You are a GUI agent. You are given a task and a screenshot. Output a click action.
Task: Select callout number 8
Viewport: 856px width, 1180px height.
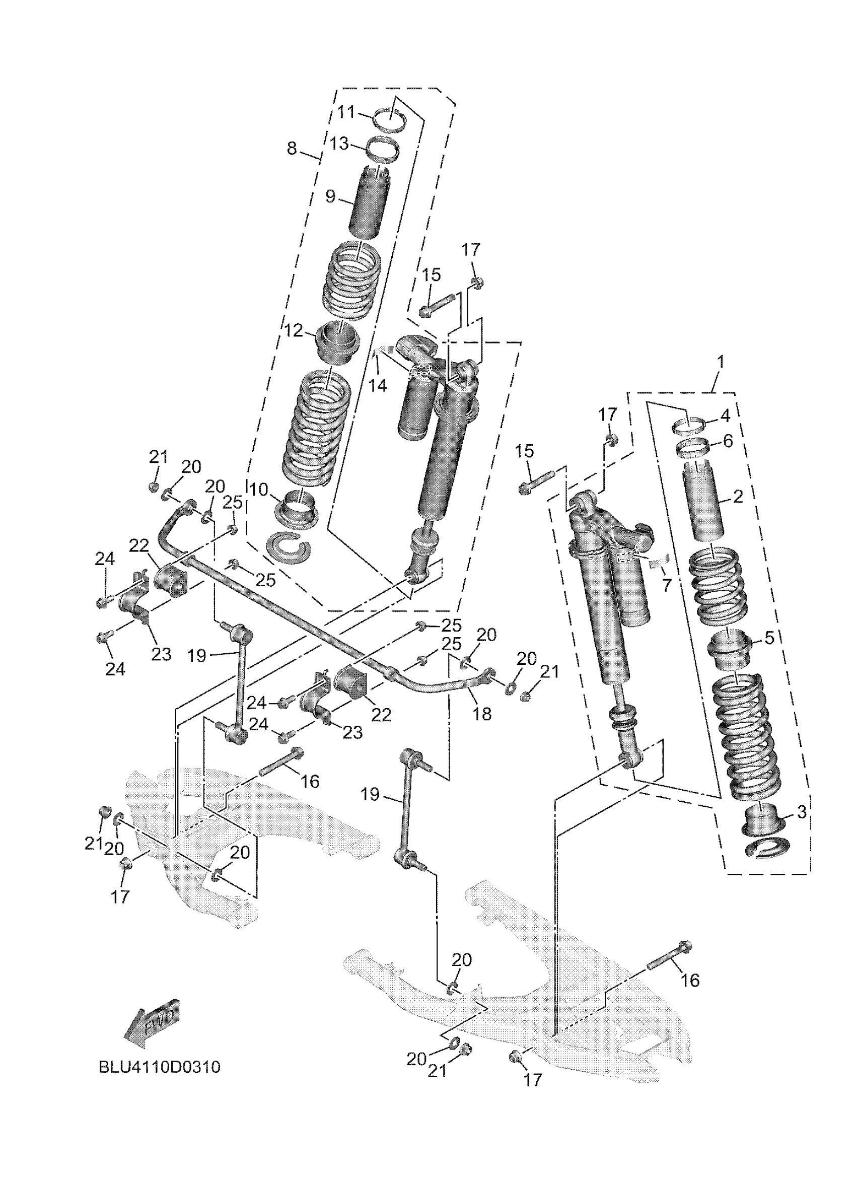coord(292,148)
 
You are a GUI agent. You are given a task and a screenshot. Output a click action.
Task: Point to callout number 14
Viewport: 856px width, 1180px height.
coord(378,386)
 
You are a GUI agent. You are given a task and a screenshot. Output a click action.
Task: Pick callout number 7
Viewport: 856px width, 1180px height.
coord(667,585)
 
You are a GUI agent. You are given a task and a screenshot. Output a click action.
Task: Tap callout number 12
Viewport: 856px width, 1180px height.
coord(294,330)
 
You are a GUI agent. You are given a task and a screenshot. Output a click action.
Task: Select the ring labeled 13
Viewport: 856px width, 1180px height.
coord(384,150)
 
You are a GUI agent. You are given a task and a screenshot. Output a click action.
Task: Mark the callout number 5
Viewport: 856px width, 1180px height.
coord(769,638)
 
